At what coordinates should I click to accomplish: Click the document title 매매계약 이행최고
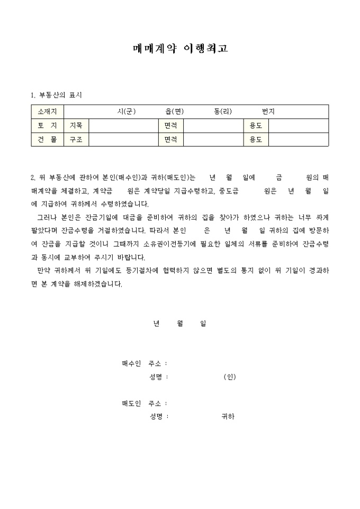click(x=180, y=49)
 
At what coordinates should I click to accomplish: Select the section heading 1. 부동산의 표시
click(x=57, y=95)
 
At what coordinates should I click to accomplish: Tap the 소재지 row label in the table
click(x=47, y=112)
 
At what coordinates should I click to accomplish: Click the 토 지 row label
click(x=47, y=125)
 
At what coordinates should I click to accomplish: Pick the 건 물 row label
click(x=47, y=139)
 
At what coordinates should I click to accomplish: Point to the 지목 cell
click(x=76, y=125)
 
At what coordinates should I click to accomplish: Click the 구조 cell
click(x=76, y=139)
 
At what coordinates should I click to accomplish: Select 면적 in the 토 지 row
click(x=170, y=125)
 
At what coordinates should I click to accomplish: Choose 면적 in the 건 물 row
click(x=170, y=139)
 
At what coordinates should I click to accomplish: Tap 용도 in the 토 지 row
click(x=256, y=125)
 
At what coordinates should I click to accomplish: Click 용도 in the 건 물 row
click(x=256, y=139)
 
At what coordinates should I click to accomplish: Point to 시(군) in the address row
click(x=127, y=112)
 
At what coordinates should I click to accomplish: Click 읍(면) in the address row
click(x=174, y=112)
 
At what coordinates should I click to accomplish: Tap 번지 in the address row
click(x=268, y=112)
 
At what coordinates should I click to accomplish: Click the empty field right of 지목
click(x=123, y=125)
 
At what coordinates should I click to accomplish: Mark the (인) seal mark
click(x=229, y=377)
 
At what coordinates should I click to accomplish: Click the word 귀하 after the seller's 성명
click(x=228, y=416)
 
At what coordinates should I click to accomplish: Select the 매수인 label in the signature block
click(x=131, y=363)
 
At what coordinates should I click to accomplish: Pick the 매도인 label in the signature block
click(x=131, y=404)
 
